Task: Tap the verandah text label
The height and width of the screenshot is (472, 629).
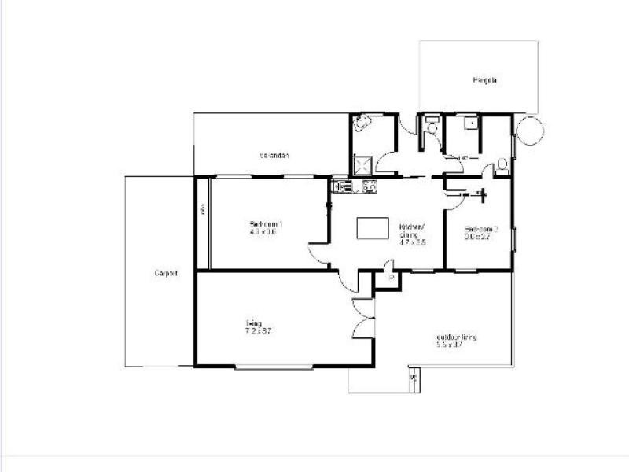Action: coord(275,155)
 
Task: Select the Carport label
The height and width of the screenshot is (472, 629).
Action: coord(166,274)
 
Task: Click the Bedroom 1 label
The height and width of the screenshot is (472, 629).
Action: coord(266,224)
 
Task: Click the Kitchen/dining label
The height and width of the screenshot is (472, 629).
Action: coord(411,228)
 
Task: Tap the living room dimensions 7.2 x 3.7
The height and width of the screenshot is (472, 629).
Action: coord(258,331)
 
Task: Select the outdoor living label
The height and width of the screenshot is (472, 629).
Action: coord(457,337)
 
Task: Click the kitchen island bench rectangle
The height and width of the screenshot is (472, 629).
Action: coord(373,228)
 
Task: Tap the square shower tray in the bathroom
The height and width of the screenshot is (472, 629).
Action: coord(362,164)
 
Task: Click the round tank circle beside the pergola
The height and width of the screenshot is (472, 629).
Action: coord(528,131)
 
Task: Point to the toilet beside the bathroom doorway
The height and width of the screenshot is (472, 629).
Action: coord(432,127)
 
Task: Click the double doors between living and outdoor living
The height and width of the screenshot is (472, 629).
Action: coord(364,321)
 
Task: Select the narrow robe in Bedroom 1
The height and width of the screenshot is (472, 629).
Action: coord(202,223)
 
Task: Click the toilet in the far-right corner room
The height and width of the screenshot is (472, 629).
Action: coord(502,164)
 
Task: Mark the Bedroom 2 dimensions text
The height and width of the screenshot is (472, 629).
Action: coord(478,236)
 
